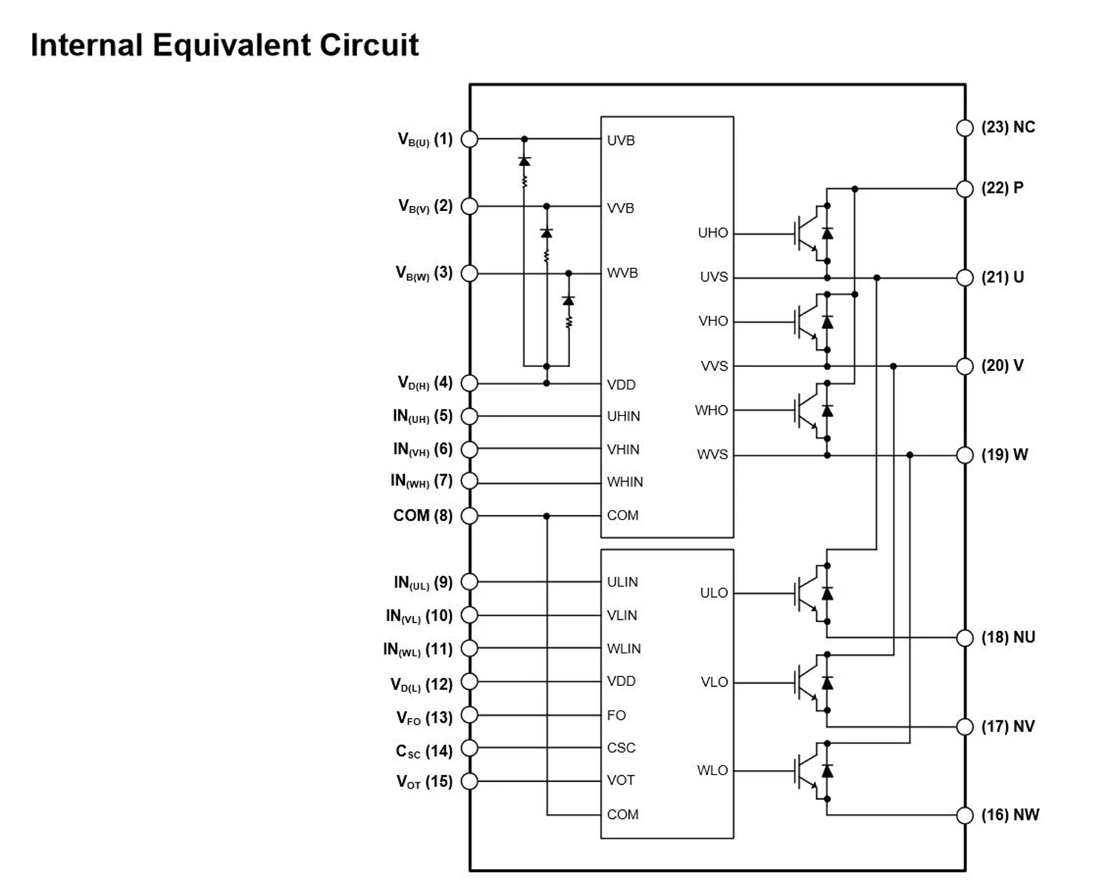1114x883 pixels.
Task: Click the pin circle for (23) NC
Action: click(964, 128)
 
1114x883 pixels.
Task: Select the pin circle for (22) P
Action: click(964, 189)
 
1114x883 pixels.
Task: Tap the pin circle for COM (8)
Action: click(469, 516)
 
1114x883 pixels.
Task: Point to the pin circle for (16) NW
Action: click(964, 815)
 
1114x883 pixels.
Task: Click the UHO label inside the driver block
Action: click(712, 233)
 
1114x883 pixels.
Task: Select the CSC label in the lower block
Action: click(621, 748)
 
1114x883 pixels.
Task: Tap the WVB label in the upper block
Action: click(622, 273)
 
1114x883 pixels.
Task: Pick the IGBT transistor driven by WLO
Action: click(807, 772)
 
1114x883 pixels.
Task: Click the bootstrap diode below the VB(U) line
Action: click(524, 161)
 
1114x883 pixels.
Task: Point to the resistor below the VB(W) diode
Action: click(569, 321)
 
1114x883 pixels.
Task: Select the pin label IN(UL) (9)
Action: click(423, 583)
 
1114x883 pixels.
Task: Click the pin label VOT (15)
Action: click(424, 782)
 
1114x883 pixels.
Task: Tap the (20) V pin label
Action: click(1002, 366)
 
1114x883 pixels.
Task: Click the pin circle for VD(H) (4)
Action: click(469, 384)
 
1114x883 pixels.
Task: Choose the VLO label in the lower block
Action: click(714, 682)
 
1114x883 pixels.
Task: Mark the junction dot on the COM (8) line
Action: click(547, 516)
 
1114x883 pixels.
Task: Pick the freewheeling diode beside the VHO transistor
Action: click(827, 322)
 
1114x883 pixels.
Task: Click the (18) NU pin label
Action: click(1008, 638)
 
